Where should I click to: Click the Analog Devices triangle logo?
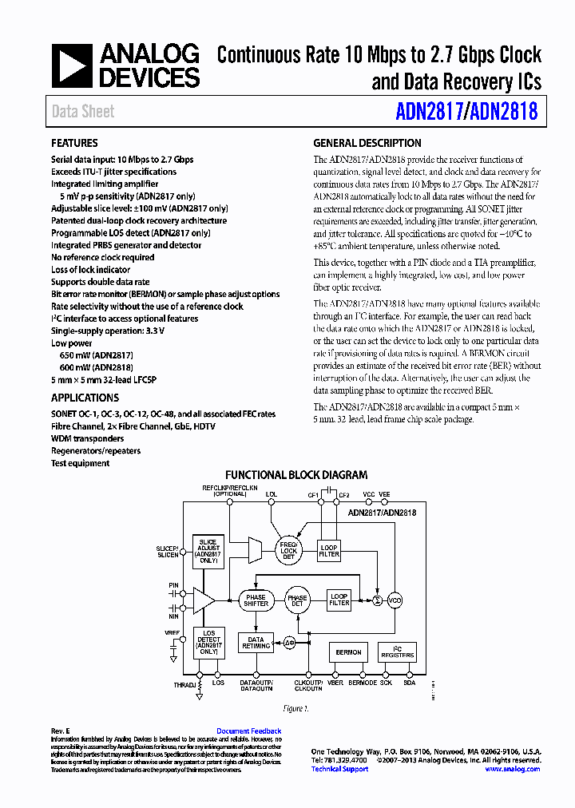coord(72,65)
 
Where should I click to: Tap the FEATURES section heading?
coord(74,144)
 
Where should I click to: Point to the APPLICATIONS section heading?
coord(85,398)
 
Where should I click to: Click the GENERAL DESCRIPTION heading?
coord(367,144)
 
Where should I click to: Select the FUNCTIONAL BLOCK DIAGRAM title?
coord(296,475)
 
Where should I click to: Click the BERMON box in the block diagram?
coord(348,652)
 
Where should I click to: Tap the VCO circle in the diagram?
coord(395,600)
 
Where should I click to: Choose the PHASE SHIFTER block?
coord(256,600)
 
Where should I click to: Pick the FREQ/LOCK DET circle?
coord(288,549)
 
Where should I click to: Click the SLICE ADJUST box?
coord(208,550)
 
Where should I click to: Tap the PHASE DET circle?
coord(297,600)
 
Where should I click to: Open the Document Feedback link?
coord(249,731)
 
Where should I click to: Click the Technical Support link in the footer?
coord(339,769)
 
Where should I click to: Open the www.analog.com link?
coord(512,769)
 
